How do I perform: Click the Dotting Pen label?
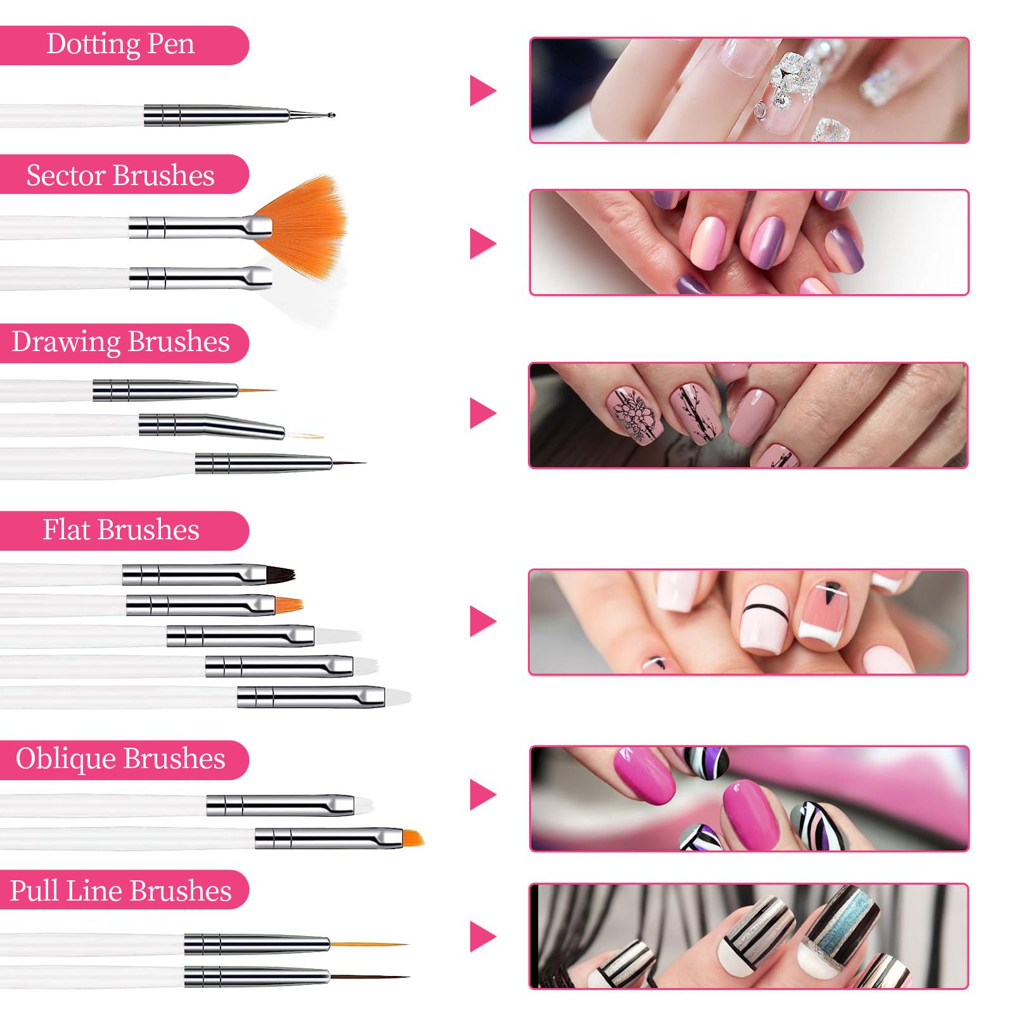click(120, 45)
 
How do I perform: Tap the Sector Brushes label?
click(120, 175)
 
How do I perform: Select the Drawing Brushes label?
click(120, 342)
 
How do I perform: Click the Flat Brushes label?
click(120, 530)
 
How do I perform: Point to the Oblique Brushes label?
click(120, 759)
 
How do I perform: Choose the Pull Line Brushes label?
click(120, 890)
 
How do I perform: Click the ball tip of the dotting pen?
click(331, 115)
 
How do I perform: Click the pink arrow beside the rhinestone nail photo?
click(482, 91)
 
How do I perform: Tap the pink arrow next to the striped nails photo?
click(482, 937)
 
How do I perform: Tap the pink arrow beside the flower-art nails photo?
click(482, 413)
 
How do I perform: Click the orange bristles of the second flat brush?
click(289, 605)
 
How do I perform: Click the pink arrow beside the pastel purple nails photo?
click(482, 243)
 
